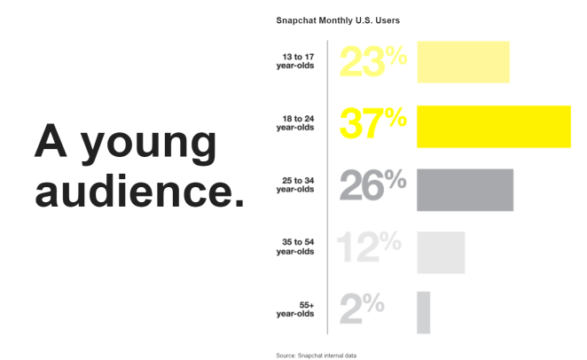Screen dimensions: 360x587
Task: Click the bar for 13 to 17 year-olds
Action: [x=463, y=62]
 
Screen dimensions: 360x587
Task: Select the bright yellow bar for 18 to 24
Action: [x=493, y=126]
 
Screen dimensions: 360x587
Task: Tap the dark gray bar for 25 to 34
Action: [x=465, y=190]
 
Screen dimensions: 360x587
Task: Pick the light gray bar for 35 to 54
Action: [x=441, y=253]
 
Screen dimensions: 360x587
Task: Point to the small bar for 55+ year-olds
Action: [x=423, y=312]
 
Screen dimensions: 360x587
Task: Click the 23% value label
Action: [x=372, y=62]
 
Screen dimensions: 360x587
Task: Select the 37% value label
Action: [x=372, y=125]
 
